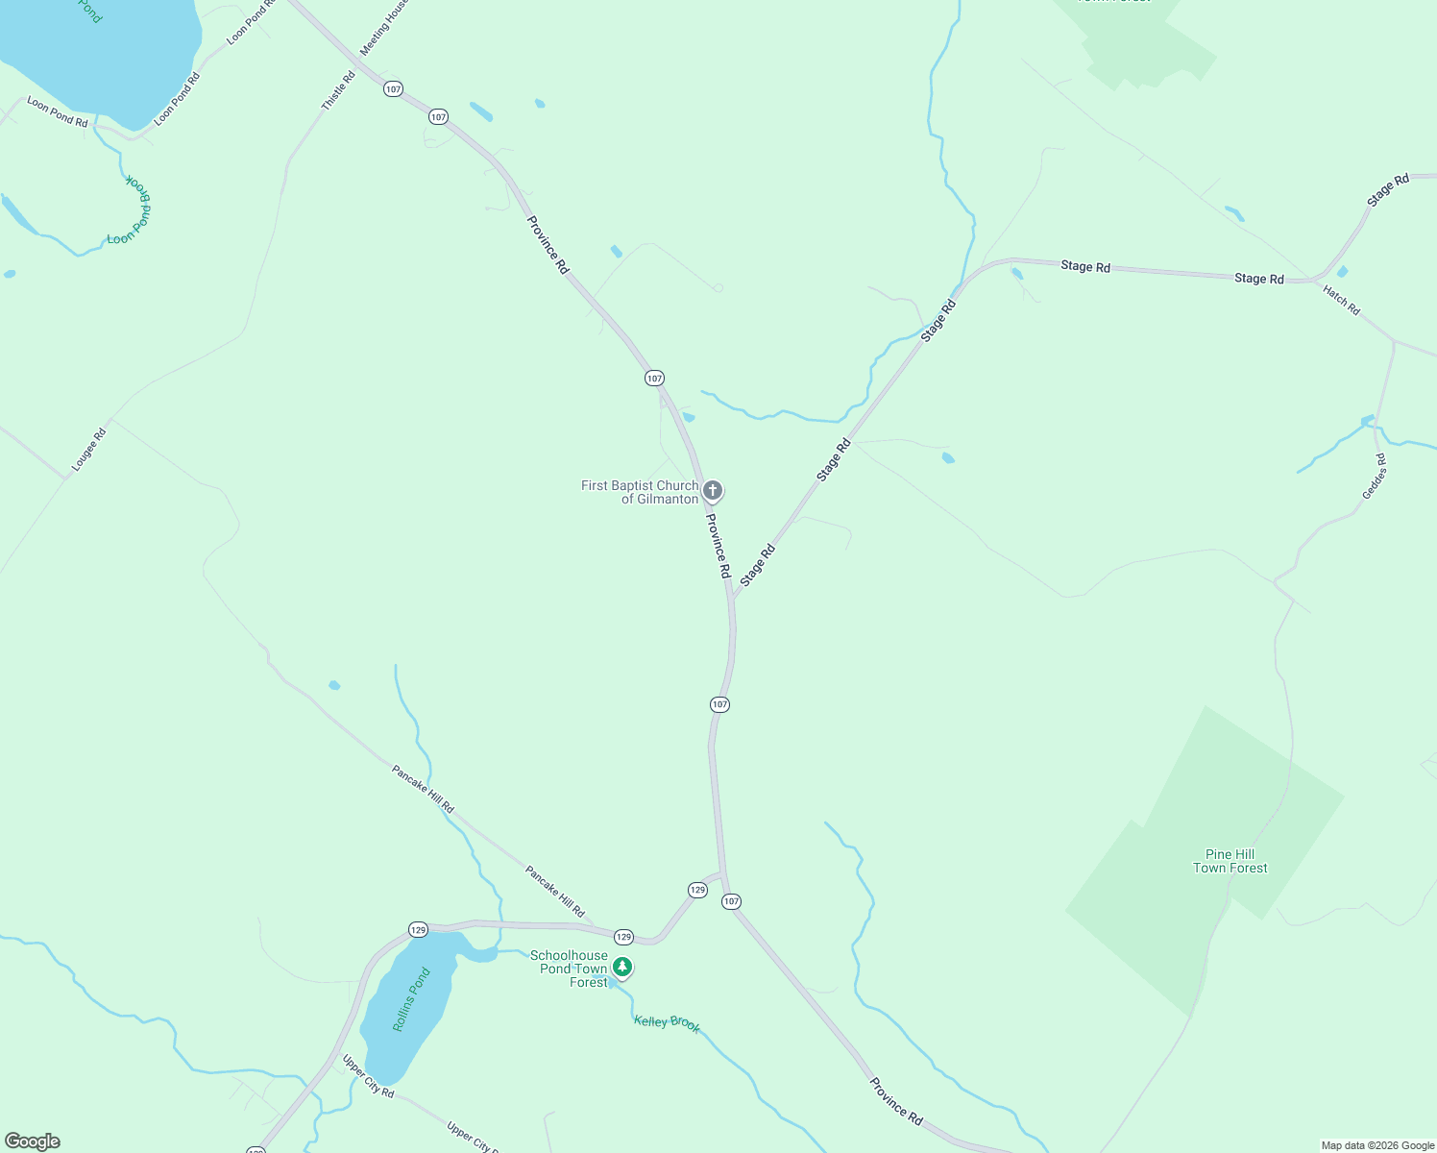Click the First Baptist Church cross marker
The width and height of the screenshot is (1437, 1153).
[x=712, y=491]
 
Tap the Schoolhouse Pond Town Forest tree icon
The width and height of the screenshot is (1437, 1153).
[x=622, y=968]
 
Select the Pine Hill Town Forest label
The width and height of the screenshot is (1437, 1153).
[x=1230, y=861]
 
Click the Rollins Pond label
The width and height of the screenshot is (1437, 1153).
[x=411, y=999]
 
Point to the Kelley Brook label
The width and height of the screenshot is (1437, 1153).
[x=667, y=1023]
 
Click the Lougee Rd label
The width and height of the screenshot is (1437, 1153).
[x=88, y=450]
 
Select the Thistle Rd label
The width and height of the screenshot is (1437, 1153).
[x=338, y=90]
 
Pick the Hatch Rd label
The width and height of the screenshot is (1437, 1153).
[x=1341, y=300]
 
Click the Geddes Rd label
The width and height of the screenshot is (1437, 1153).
[x=1375, y=476]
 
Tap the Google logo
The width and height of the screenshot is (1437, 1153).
[x=33, y=1141]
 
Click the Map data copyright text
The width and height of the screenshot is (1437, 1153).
[x=1377, y=1145]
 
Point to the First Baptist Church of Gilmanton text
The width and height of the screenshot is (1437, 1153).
[x=640, y=492]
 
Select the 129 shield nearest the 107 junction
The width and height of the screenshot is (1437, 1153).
[x=697, y=890]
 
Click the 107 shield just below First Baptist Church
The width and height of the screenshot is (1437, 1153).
[x=720, y=704]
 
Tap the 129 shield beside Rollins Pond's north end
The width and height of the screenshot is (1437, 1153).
[x=418, y=929]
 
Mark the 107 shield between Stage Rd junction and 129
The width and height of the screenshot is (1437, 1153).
[x=720, y=704]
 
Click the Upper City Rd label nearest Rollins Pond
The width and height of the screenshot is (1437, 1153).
[x=368, y=1077]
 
